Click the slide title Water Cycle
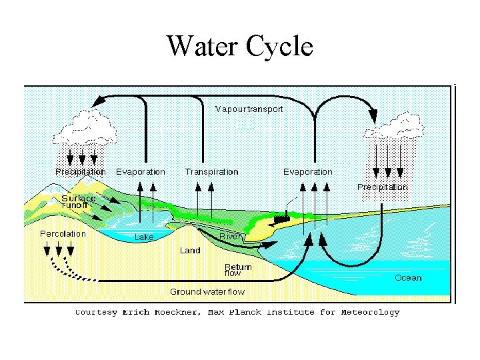pos(239,46)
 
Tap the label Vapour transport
pos(249,109)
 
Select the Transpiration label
pos(211,172)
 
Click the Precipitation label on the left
pos(80,171)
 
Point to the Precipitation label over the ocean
pos(383,187)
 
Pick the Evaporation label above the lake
pos(140,171)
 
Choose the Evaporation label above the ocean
pos(307,172)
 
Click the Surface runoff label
pos(79,201)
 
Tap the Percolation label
pos(63,233)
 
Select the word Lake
pos(144,237)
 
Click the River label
pos(231,237)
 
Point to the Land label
pos(190,251)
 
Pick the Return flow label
pos(237,270)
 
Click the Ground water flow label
pos(207,291)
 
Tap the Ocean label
pos(408,277)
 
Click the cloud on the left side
pos(83,127)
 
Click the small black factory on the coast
pos(281,217)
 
